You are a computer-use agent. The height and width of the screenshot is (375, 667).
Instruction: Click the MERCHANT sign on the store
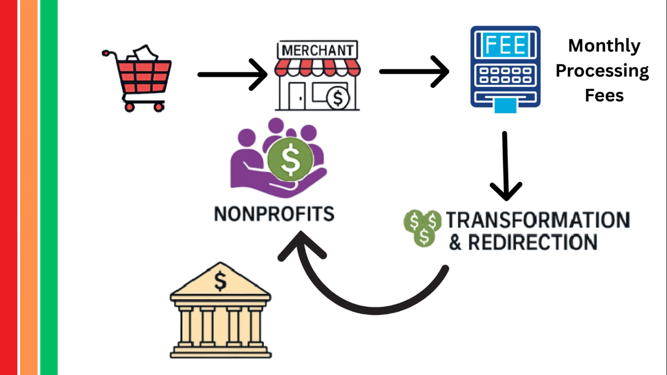tap(316, 50)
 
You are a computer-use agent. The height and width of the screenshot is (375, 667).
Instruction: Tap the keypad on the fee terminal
tap(505, 75)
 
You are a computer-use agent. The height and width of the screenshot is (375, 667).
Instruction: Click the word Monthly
tap(604, 46)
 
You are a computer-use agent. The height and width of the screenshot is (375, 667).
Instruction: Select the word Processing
tap(602, 71)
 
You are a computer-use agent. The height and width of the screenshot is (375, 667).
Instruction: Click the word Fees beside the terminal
tap(604, 95)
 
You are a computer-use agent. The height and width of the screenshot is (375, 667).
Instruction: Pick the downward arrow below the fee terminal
tap(506, 166)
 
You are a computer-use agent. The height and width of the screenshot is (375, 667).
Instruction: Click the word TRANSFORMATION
tap(538, 220)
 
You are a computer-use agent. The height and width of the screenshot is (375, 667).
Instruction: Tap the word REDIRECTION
tap(532, 242)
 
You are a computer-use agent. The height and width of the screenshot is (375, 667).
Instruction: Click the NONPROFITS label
tap(274, 214)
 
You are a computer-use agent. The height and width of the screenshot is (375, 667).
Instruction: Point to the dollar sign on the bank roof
tap(221, 282)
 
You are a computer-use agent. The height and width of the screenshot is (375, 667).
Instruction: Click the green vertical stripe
tap(49, 187)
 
